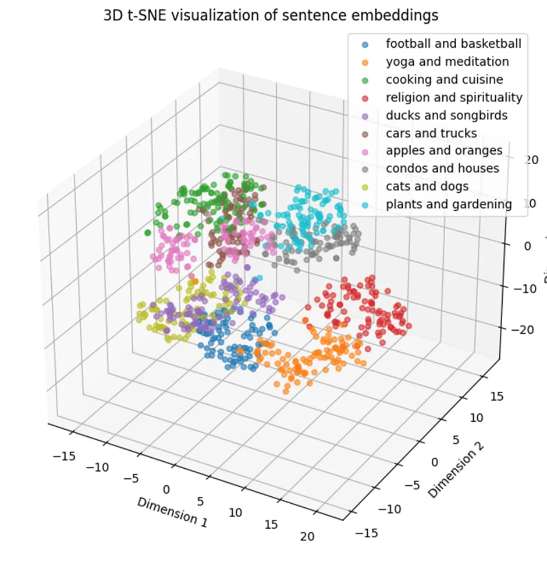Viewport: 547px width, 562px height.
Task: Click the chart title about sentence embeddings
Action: point(271,16)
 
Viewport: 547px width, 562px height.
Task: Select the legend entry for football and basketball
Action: point(453,44)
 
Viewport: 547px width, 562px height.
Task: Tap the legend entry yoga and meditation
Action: point(447,62)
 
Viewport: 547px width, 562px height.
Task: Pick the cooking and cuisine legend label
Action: point(444,79)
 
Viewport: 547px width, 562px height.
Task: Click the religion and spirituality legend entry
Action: point(454,97)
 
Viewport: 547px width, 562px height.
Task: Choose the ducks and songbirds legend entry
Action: point(446,115)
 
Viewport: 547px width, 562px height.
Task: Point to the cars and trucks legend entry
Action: point(431,133)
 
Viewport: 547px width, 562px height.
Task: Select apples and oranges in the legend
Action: point(443,151)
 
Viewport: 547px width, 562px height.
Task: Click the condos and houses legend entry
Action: point(442,168)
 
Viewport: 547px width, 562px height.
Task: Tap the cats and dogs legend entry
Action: point(427,186)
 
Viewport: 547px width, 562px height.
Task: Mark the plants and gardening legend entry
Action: point(448,204)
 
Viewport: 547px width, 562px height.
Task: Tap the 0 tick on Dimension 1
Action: point(167,489)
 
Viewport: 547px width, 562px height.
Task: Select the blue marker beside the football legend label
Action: point(364,44)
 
